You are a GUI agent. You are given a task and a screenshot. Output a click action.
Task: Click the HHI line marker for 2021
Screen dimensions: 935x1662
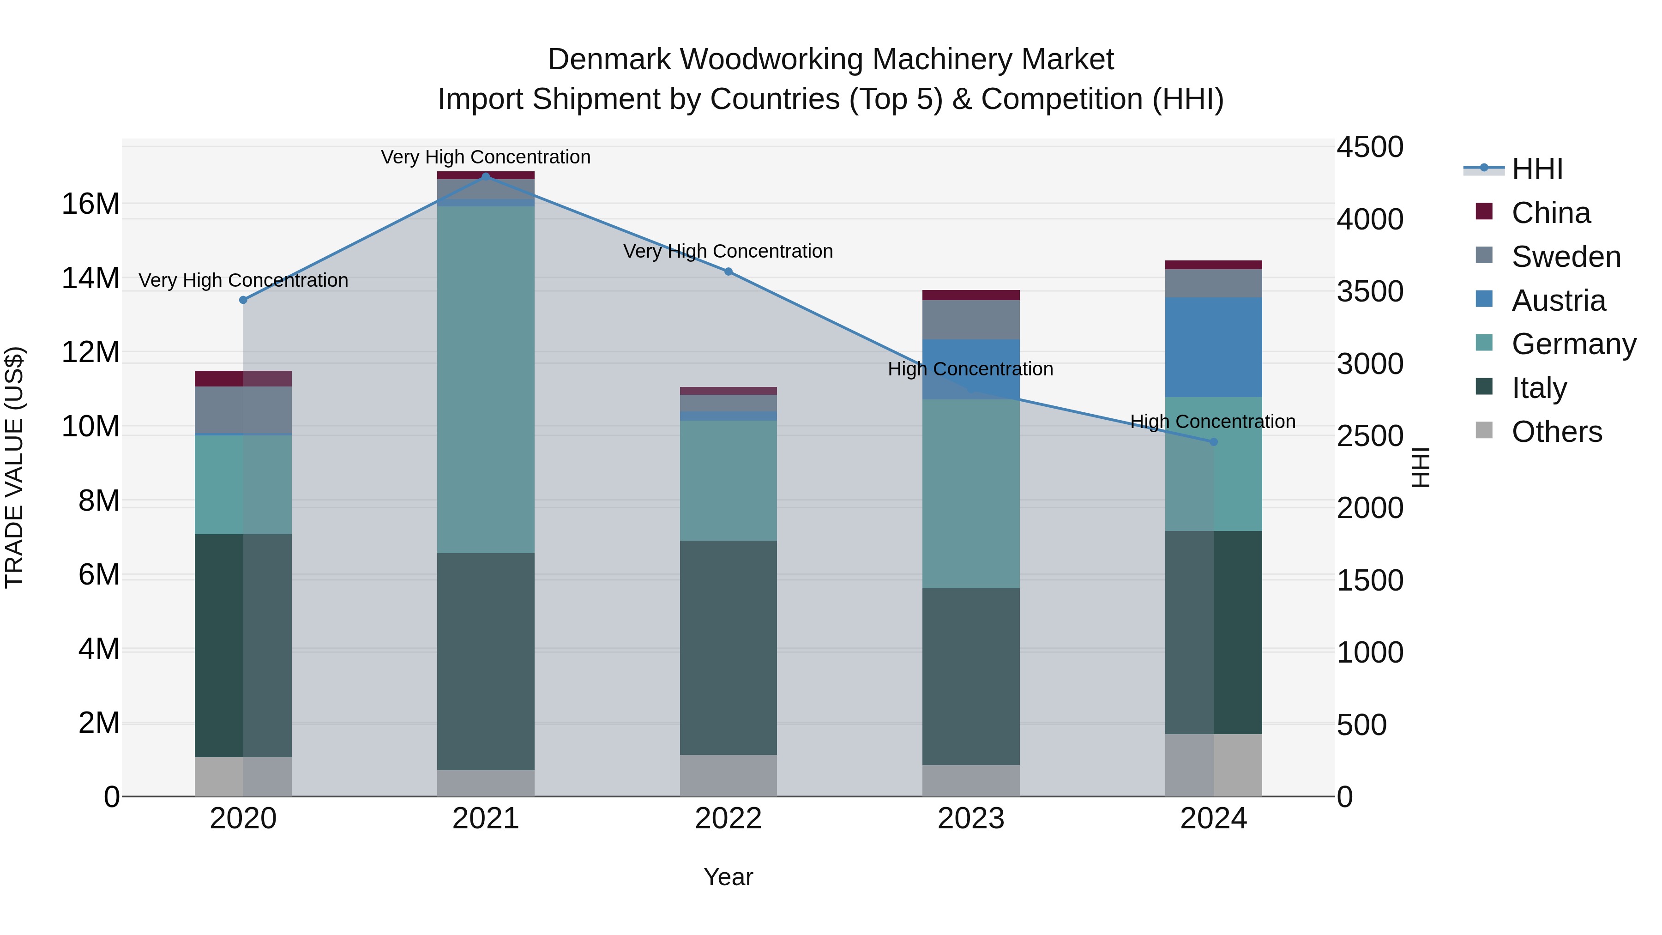tap(486, 176)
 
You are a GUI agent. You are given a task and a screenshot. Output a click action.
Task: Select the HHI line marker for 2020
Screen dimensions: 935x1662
tap(243, 300)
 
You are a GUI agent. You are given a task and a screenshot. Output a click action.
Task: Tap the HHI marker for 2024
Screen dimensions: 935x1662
tap(1214, 442)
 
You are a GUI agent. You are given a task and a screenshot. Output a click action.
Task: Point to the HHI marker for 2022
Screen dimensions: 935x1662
tap(729, 271)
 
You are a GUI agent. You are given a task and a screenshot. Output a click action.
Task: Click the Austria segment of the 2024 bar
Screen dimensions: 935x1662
tap(1214, 347)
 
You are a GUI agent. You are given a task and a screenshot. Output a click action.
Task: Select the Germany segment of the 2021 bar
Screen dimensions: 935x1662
tap(486, 380)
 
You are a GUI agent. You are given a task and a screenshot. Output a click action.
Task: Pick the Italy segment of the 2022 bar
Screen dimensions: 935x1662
tap(729, 647)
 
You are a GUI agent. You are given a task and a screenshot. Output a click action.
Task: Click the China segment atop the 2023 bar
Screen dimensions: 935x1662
tap(971, 295)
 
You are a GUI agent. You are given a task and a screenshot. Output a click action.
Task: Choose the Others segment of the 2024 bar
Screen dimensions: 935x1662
tap(1214, 765)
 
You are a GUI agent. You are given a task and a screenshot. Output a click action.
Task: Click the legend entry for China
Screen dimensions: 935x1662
tap(1550, 213)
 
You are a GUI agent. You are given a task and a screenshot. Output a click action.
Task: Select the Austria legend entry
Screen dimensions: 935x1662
tap(1558, 301)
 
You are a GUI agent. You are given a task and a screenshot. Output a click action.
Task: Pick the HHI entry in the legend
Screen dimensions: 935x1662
tap(1537, 169)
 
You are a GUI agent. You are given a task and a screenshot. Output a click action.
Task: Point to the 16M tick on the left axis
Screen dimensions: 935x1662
tap(90, 204)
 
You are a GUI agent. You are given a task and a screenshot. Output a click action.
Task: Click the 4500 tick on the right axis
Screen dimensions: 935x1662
tap(1370, 147)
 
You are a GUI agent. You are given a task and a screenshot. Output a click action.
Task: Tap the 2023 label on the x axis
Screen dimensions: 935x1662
tap(971, 819)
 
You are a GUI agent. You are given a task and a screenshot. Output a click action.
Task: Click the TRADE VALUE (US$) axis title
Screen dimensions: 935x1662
tap(14, 467)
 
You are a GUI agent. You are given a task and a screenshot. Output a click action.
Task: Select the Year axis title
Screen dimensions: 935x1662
tap(729, 877)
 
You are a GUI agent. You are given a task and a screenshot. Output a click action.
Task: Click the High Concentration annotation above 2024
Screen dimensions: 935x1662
tap(1213, 422)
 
